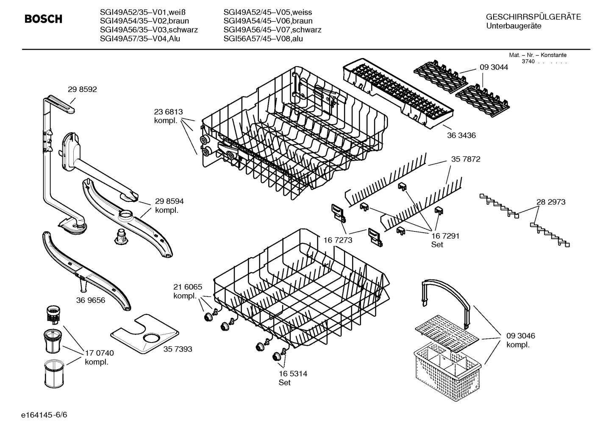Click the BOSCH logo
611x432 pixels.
coord(43,19)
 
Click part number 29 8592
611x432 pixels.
coord(82,89)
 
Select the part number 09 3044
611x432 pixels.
coord(494,67)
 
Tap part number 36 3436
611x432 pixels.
coord(461,135)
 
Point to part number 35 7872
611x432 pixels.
coord(466,159)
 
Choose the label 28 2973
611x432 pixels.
coord(551,202)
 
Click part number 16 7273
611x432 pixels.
coord(338,240)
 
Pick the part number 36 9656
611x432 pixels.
coord(91,300)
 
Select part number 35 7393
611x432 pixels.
coord(178,349)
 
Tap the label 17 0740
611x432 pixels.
coord(99,353)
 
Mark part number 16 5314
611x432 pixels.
coord(293,374)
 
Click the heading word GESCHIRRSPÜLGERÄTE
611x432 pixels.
coord(533,17)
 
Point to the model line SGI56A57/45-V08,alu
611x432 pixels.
coord(263,39)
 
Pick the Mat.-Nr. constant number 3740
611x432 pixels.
coord(528,61)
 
